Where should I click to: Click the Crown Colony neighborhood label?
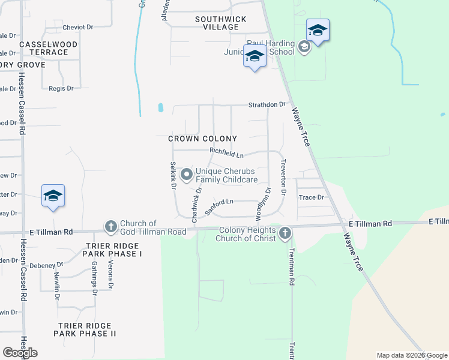click(x=199, y=139)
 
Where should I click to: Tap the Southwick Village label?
click(x=221, y=23)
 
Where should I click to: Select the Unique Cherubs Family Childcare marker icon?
click(x=187, y=175)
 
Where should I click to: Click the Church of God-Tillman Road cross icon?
click(x=110, y=227)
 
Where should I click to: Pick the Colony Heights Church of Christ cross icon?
click(x=285, y=233)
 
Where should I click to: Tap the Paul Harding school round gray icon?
click(x=304, y=47)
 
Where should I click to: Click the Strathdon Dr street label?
click(x=267, y=105)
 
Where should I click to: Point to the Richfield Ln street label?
click(x=226, y=154)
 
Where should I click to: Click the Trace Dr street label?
click(x=312, y=197)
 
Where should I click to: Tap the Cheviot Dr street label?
click(x=78, y=28)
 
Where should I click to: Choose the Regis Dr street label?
click(x=61, y=88)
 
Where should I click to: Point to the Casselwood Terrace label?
click(x=49, y=49)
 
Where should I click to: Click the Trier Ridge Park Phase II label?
click(x=86, y=329)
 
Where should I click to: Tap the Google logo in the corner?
click(x=20, y=353)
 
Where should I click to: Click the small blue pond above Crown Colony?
click(x=160, y=109)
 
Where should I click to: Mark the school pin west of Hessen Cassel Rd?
click(x=53, y=196)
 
